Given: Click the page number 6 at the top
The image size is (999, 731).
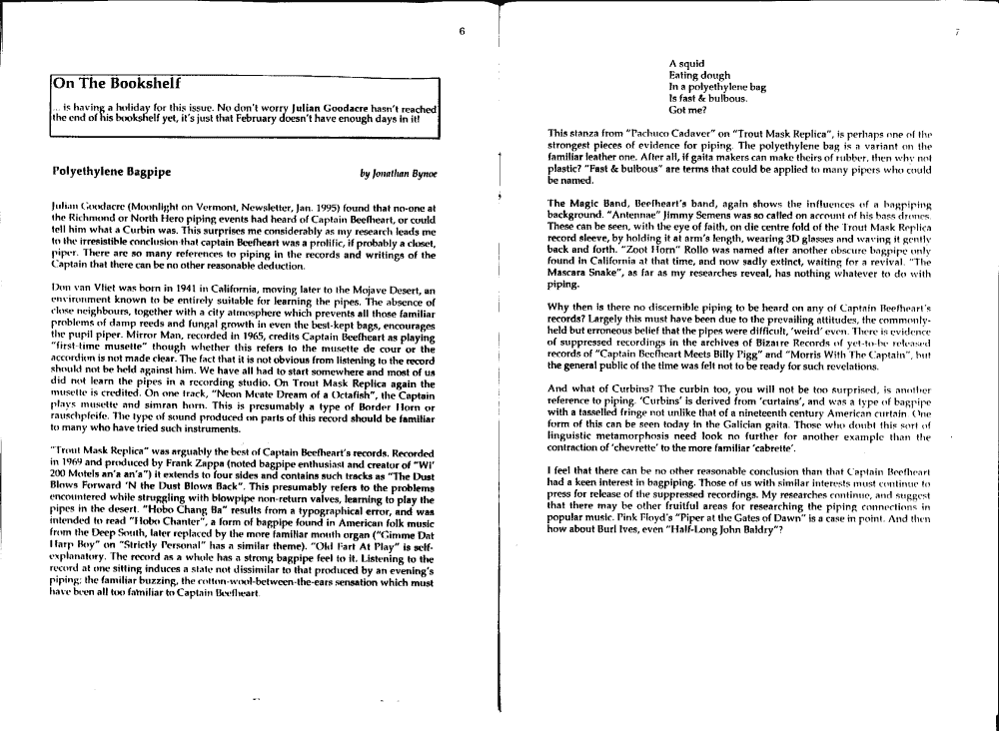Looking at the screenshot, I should (462, 31).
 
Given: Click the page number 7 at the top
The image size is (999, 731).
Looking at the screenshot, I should (957, 32).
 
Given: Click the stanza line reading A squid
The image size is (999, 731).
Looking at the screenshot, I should (687, 63).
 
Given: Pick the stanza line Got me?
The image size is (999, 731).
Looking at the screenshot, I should (688, 110).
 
